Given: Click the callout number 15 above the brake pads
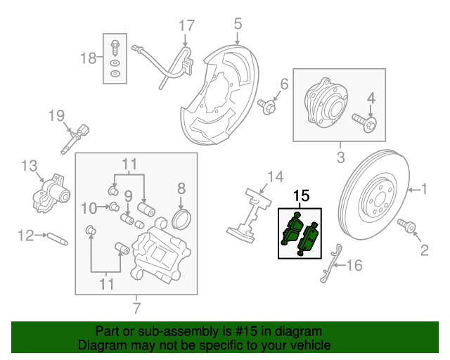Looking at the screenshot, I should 301,196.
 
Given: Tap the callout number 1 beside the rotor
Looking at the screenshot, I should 424,188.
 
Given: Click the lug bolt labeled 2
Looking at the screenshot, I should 409,226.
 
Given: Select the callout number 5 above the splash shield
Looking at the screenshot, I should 238,25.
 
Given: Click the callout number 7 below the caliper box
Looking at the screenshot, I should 136,307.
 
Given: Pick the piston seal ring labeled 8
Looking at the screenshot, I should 182,218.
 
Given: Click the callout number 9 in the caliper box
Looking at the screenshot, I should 129,195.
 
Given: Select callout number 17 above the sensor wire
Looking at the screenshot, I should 186,27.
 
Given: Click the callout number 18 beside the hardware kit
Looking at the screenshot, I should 89,58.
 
